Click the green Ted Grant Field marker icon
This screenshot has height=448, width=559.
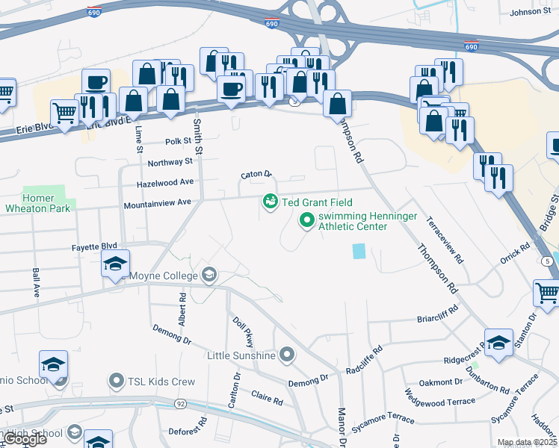pyautogui.click(x=270, y=202)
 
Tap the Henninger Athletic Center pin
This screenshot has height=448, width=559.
pyautogui.click(x=306, y=220)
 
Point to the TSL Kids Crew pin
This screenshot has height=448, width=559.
pyautogui.click(x=116, y=382)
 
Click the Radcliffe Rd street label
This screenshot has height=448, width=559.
pyautogui.click(x=365, y=360)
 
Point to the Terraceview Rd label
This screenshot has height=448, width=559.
pyautogui.click(x=445, y=240)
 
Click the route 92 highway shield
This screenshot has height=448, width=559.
pyautogui.click(x=180, y=404)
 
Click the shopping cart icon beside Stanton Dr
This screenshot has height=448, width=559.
pyautogui.click(x=547, y=293)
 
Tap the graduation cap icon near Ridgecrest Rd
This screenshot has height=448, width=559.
pyautogui.click(x=498, y=342)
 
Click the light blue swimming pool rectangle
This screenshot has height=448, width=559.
pyautogui.click(x=359, y=251)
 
